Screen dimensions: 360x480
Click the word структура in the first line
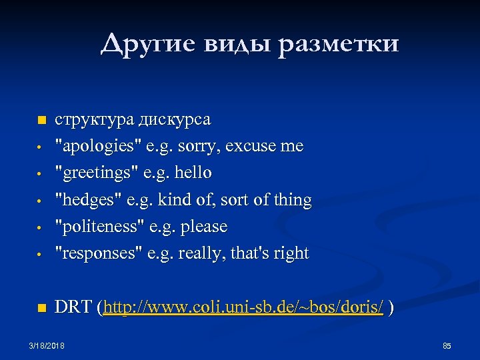[x=95, y=120]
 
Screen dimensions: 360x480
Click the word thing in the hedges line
[x=293, y=200]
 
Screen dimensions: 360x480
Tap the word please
[x=204, y=227]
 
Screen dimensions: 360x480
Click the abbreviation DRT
[x=73, y=307]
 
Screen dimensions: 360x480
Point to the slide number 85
[x=447, y=345]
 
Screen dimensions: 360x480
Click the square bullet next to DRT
[x=41, y=308]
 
